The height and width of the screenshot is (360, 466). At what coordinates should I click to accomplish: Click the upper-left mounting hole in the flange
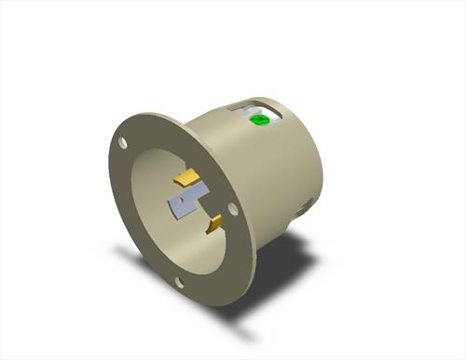(x=123, y=143)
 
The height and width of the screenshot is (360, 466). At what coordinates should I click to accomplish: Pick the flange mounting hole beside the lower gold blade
(x=234, y=211)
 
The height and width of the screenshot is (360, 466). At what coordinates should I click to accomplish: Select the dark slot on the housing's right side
(x=300, y=207)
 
